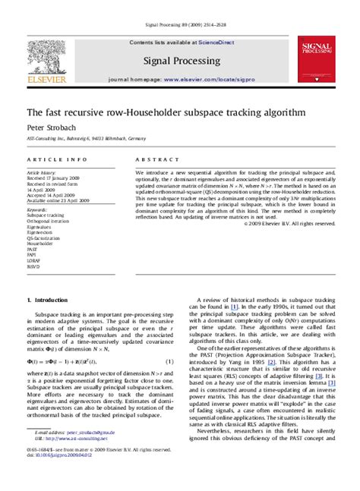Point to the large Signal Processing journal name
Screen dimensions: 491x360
pyautogui.click(x=181, y=60)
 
